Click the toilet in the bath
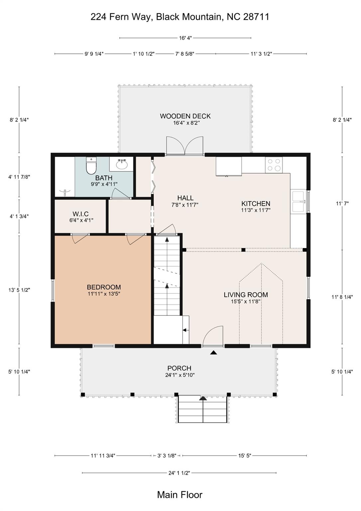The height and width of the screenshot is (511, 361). point(91,166)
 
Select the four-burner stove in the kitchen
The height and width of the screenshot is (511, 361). point(274,165)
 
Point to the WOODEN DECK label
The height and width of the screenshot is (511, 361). point(185,116)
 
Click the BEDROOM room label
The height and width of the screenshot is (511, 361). point(104,287)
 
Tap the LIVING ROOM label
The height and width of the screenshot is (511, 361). point(246,295)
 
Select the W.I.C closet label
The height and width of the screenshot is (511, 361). point(80,214)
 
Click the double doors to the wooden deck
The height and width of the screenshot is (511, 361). point(185,146)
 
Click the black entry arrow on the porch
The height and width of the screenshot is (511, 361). point(213,352)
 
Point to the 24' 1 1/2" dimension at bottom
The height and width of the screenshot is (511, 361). point(179,473)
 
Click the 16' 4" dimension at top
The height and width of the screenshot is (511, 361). point(185,38)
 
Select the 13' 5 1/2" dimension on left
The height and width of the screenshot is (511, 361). point(19,290)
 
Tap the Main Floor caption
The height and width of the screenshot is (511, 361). point(180,495)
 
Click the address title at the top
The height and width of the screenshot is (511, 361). point(180,17)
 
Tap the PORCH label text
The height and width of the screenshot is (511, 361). point(179,368)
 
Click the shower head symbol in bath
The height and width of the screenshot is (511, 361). point(64,192)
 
